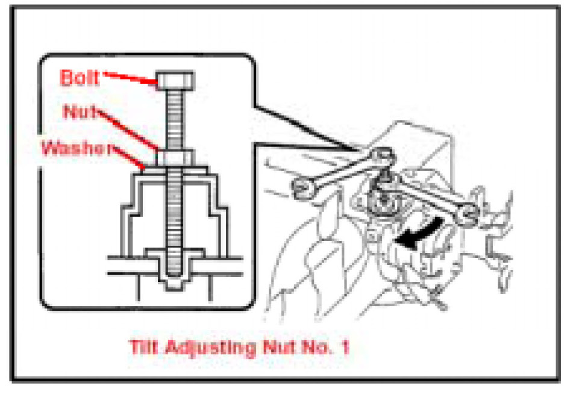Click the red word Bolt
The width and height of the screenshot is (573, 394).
pyautogui.click(x=80, y=78)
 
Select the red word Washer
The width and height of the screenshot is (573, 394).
pyautogui.click(x=76, y=148)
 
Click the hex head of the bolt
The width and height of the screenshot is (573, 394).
pyautogui.click(x=175, y=80)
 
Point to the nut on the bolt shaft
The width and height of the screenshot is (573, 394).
pyautogui.click(x=175, y=158)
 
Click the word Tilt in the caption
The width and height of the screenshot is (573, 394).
pyautogui.click(x=143, y=346)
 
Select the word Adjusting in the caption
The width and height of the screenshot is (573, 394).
pyautogui.click(x=210, y=348)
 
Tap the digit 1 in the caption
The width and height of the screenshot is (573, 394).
pyautogui.click(x=345, y=346)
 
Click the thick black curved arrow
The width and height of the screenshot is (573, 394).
pyautogui.click(x=419, y=233)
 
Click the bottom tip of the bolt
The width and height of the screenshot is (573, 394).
pyautogui.click(x=174, y=275)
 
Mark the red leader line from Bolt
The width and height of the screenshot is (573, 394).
pyautogui.click(x=130, y=78)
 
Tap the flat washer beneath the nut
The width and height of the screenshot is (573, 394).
pyautogui.click(x=176, y=169)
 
